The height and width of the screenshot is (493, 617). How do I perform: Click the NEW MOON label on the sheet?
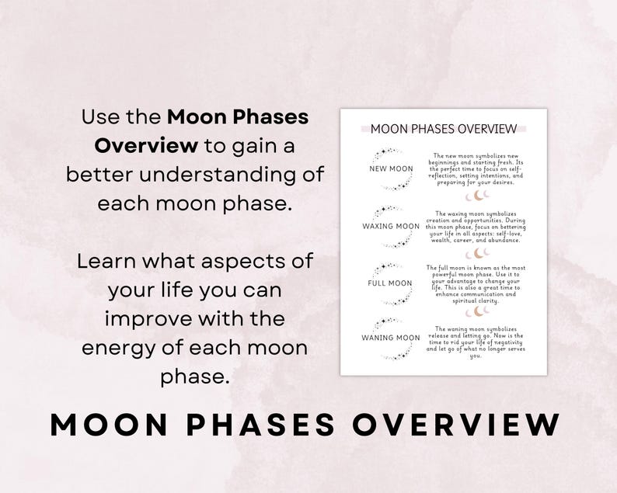(x=390, y=168)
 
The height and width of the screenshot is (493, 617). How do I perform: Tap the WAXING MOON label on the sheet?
(x=391, y=227)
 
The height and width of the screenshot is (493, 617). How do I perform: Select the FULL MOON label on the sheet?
(x=390, y=283)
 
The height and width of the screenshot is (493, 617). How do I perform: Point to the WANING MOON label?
(x=391, y=338)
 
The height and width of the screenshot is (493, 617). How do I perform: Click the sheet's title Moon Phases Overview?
(x=444, y=129)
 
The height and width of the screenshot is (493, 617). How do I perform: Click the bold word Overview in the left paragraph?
(x=146, y=146)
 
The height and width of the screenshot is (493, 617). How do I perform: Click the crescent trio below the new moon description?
(x=478, y=196)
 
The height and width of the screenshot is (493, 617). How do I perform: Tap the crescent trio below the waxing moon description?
(x=478, y=253)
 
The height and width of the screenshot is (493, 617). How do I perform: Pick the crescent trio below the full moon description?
(x=478, y=311)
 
